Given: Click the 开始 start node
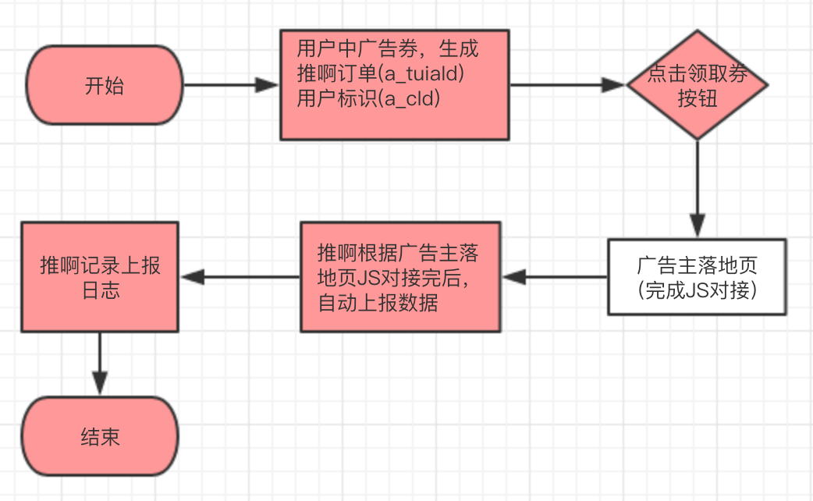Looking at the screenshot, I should (104, 86).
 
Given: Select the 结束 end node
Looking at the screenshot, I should (100, 436).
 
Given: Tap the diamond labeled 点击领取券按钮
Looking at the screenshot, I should (697, 85).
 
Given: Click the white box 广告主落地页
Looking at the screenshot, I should (697, 277).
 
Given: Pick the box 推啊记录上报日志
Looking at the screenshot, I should (100, 277).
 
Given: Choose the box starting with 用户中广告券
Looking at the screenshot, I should (394, 85).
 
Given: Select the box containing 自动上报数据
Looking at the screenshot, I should (400, 277).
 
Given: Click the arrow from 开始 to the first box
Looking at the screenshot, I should (230, 86).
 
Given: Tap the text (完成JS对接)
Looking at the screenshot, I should (697, 290).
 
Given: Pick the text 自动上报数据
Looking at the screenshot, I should (378, 302).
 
